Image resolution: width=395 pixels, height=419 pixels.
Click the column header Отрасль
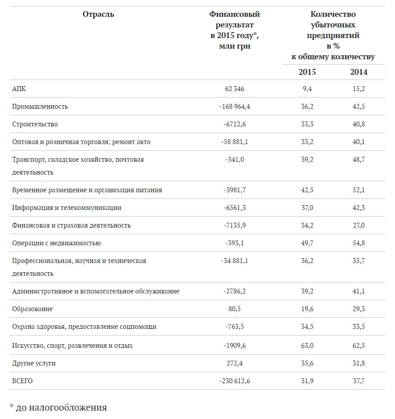point(98,15)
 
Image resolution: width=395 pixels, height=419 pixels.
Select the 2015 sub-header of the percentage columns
point(307,72)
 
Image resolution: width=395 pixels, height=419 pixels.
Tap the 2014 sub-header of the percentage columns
point(359,72)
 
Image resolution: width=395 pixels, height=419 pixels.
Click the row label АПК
point(19,89)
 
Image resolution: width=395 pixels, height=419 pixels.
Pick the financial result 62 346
point(234,89)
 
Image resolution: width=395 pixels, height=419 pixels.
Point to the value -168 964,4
point(234,107)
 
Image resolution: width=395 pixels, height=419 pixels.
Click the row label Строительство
point(35,124)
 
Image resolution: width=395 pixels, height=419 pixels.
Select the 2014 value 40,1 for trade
point(359,142)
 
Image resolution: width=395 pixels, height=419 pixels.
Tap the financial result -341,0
point(234,160)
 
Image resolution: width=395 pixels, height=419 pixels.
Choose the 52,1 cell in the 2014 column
point(359,190)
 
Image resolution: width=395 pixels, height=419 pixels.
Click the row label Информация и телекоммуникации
point(67,208)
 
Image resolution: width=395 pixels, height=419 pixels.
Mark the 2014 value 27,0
point(359,225)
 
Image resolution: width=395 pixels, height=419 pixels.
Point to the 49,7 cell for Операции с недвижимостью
point(307,243)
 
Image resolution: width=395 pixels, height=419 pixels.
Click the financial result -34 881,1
point(234,261)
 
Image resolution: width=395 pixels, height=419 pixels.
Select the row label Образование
point(33,309)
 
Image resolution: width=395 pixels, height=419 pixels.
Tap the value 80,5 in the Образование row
point(234,309)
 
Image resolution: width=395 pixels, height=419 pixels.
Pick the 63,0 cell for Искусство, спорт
point(307,346)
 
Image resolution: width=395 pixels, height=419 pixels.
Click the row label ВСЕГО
point(23,381)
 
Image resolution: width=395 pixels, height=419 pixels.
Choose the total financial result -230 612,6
point(234,381)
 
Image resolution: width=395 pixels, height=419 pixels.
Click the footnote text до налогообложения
point(61,408)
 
